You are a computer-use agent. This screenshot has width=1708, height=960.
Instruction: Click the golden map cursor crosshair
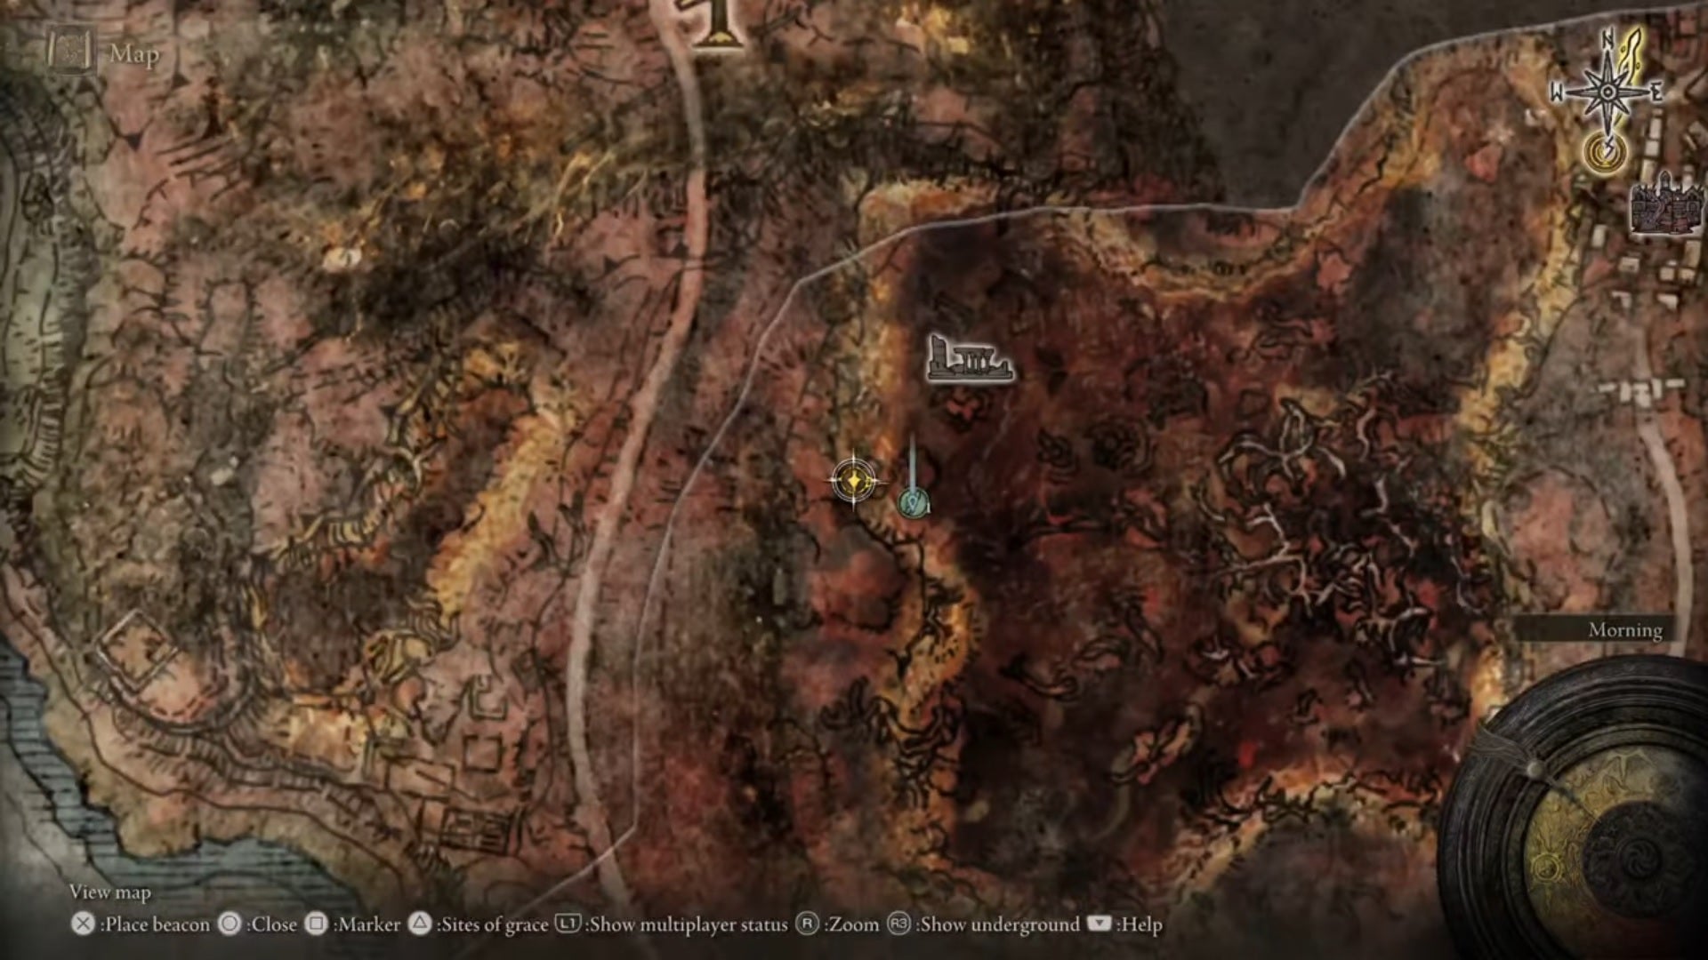tap(853, 481)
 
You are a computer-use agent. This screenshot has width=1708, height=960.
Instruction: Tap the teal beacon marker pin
tap(913, 504)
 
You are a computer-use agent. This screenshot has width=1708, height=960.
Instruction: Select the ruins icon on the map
tap(969, 359)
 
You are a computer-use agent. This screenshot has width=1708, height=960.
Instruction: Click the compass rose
tap(1608, 92)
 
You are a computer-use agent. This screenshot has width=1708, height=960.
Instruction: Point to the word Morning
tap(1625, 630)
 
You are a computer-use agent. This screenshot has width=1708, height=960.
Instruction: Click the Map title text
tap(134, 54)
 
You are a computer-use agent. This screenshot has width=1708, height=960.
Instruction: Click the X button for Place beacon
tap(83, 924)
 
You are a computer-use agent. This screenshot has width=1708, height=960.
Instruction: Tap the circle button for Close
tap(230, 924)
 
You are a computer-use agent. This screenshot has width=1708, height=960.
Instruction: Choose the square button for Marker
tap(316, 924)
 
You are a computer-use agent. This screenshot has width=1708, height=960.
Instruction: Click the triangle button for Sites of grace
tap(419, 924)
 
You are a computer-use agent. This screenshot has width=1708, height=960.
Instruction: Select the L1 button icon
tap(568, 924)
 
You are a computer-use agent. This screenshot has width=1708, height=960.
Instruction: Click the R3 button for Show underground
tap(898, 924)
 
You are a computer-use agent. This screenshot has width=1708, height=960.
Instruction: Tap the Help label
tap(1141, 925)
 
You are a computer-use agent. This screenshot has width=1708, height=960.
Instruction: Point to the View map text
tap(110, 892)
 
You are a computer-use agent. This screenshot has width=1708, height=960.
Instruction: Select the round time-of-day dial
tap(1583, 827)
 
